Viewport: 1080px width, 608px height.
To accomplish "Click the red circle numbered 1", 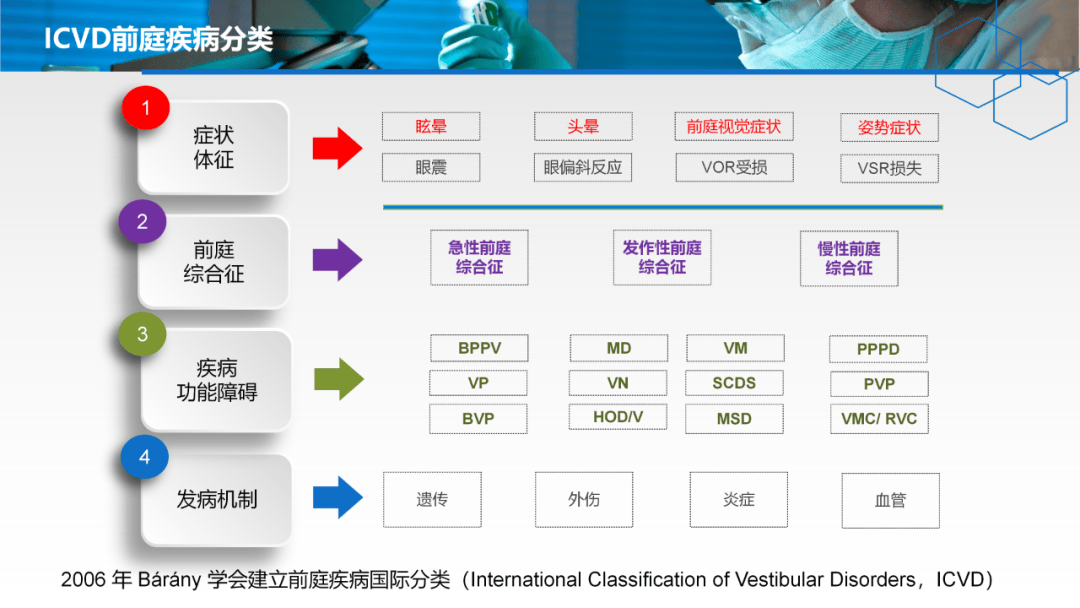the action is (x=145, y=107).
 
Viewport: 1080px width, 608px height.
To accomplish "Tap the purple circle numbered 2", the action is (x=142, y=221).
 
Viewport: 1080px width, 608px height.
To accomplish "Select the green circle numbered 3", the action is (x=142, y=334).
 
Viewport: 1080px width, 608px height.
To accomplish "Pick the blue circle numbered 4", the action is (x=144, y=457).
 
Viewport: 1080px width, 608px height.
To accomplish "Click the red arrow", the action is (x=338, y=148).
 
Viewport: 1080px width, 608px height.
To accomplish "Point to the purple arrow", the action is (x=338, y=260).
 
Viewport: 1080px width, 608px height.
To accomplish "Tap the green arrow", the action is (x=339, y=379).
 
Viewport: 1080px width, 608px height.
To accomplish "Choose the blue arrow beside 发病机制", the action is (x=338, y=497).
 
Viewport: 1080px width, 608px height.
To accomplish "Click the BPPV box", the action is (x=479, y=348).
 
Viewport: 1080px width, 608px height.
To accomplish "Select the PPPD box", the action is (x=878, y=349).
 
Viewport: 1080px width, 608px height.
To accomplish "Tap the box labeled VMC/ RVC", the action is (x=880, y=419).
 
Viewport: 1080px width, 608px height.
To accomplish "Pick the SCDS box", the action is (x=734, y=384).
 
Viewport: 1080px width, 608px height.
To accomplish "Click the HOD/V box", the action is (x=618, y=417).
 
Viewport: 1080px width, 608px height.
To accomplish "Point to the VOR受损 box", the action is (x=734, y=167).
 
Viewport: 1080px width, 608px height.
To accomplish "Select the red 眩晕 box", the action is (x=431, y=127).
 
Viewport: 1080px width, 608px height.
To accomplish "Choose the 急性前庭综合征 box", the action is (x=479, y=258).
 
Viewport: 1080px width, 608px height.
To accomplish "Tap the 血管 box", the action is (x=891, y=501).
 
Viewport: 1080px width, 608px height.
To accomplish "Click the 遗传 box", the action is (x=433, y=500).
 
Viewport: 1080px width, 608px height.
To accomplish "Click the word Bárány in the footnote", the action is (x=169, y=580).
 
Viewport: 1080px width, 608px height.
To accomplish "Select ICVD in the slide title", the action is (x=77, y=39).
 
